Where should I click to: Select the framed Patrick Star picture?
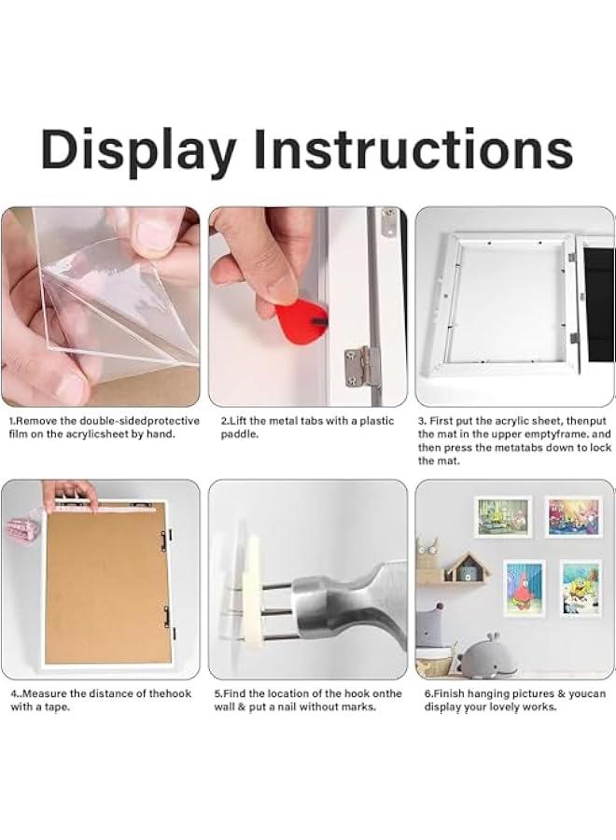coord(524,587)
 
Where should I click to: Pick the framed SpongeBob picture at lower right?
coord(580,587)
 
